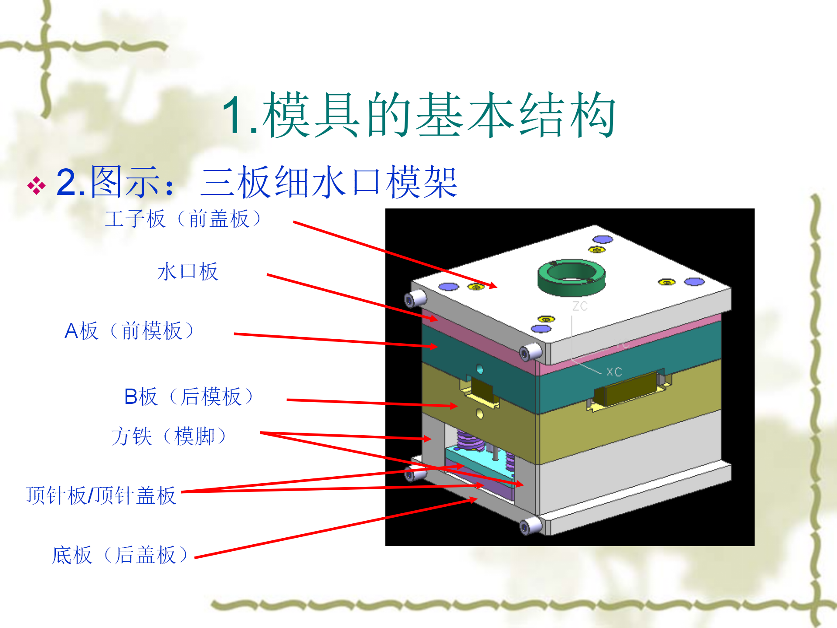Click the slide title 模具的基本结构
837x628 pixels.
439,115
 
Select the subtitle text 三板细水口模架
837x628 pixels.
329,182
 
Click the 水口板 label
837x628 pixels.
187,272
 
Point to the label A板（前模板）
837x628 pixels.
129,331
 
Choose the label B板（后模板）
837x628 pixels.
189,396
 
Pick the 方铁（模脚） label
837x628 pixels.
169,436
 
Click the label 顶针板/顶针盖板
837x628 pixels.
101,495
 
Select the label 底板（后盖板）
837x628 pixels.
120,555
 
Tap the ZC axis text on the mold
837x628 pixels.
580,306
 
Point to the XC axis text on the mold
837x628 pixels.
614,372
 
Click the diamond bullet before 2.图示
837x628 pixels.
36,186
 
